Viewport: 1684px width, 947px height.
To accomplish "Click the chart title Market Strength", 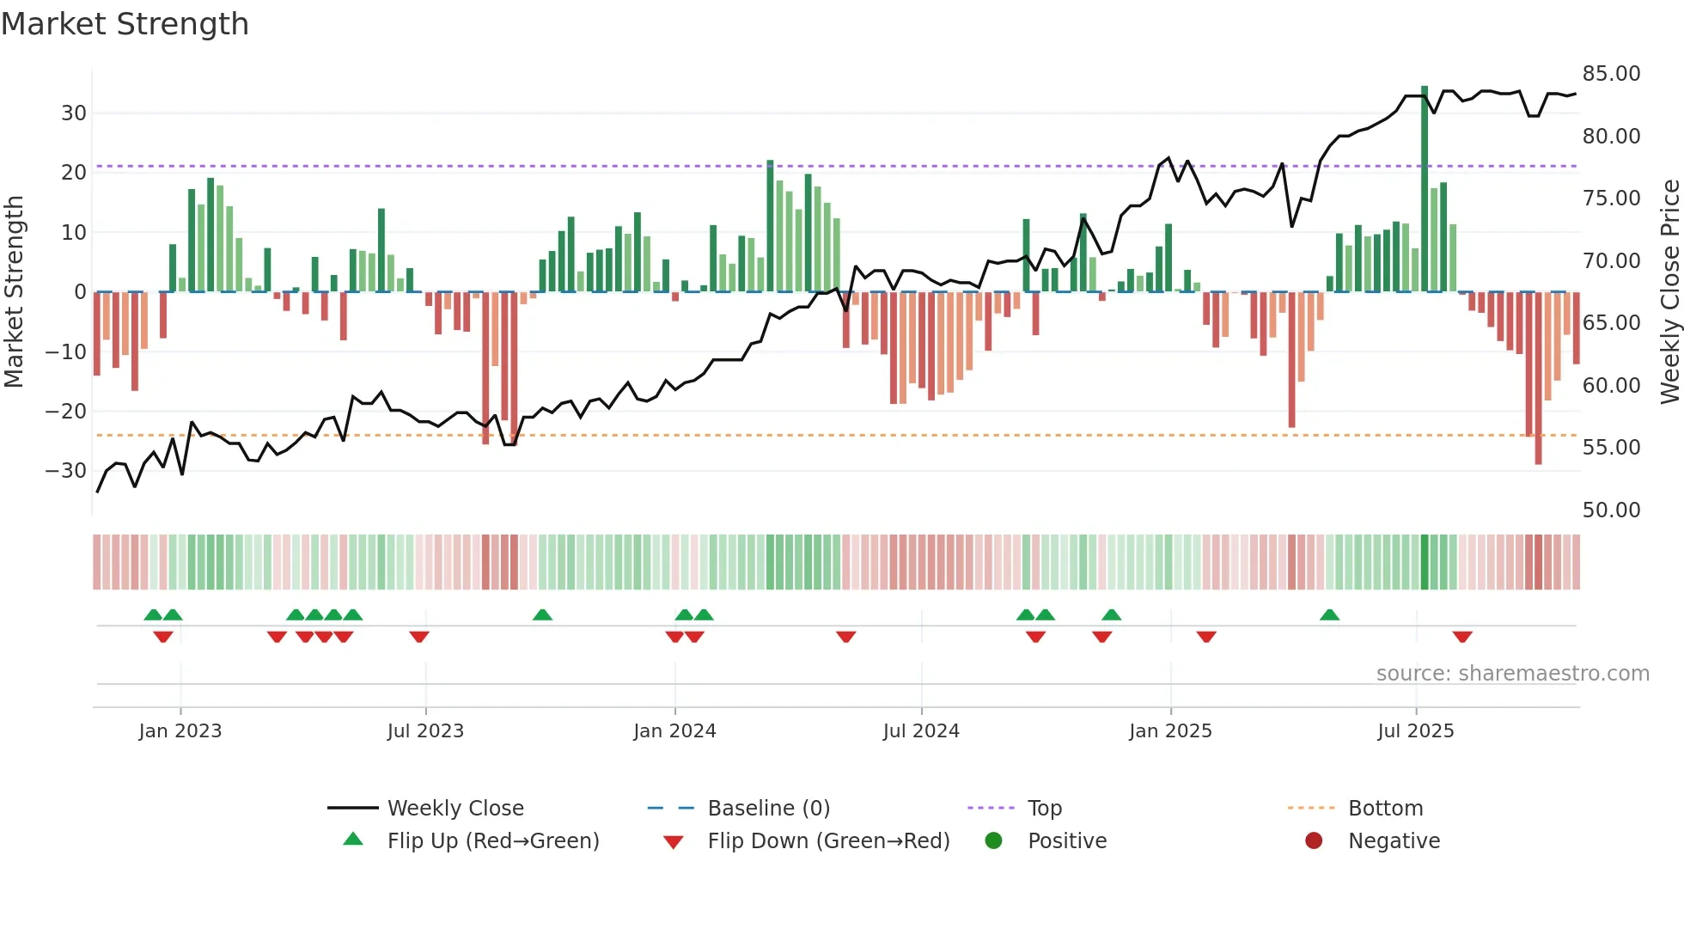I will [125, 24].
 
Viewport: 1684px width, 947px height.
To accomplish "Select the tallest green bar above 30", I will [1425, 189].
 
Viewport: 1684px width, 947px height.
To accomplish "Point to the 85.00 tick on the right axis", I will [1611, 74].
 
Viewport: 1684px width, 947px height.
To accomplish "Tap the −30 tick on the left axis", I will [65, 471].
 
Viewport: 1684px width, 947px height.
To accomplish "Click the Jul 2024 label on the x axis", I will [921, 731].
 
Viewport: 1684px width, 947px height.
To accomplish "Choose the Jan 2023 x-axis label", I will [180, 731].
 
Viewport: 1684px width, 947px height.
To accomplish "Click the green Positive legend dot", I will [994, 841].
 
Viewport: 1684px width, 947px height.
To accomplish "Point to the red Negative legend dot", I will [1314, 841].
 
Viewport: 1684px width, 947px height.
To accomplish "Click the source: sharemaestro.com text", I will [1512, 674].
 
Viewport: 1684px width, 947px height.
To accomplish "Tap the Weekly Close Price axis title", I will [1669, 292].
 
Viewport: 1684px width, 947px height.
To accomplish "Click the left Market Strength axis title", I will [14, 292].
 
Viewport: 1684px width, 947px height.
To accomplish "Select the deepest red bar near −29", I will [1538, 378].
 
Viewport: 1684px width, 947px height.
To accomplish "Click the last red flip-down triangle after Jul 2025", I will [1462, 637].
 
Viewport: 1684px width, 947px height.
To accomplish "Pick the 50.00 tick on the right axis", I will [1611, 510].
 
